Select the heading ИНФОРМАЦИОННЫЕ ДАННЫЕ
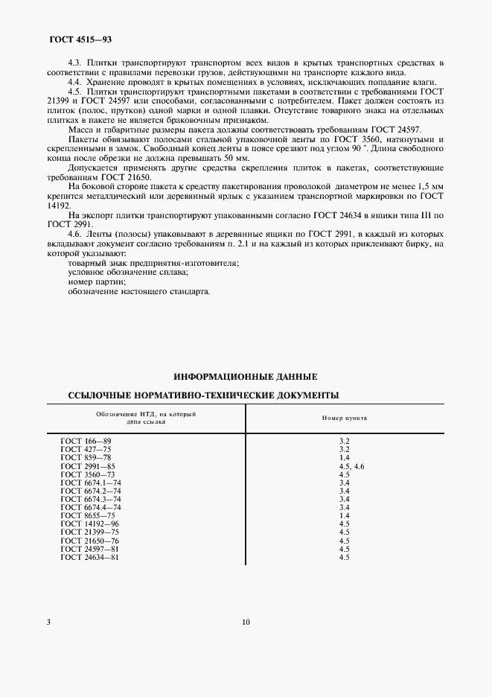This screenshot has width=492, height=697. point(245,377)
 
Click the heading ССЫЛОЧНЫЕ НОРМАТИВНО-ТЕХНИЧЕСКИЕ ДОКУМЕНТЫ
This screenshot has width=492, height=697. point(203,395)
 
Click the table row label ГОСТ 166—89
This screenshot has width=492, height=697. point(86,442)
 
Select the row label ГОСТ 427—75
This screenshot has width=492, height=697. point(86,450)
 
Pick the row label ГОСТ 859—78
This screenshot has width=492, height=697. point(86,458)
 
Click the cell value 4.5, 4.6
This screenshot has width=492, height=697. point(351,466)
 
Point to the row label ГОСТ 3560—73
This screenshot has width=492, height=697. point(88,474)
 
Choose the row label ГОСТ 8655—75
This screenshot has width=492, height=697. point(88,515)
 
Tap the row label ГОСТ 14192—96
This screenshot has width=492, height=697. point(90,524)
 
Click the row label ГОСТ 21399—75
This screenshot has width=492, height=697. point(90,532)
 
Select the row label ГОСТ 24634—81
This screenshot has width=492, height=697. point(90,557)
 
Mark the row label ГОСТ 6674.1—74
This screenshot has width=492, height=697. point(90,483)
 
